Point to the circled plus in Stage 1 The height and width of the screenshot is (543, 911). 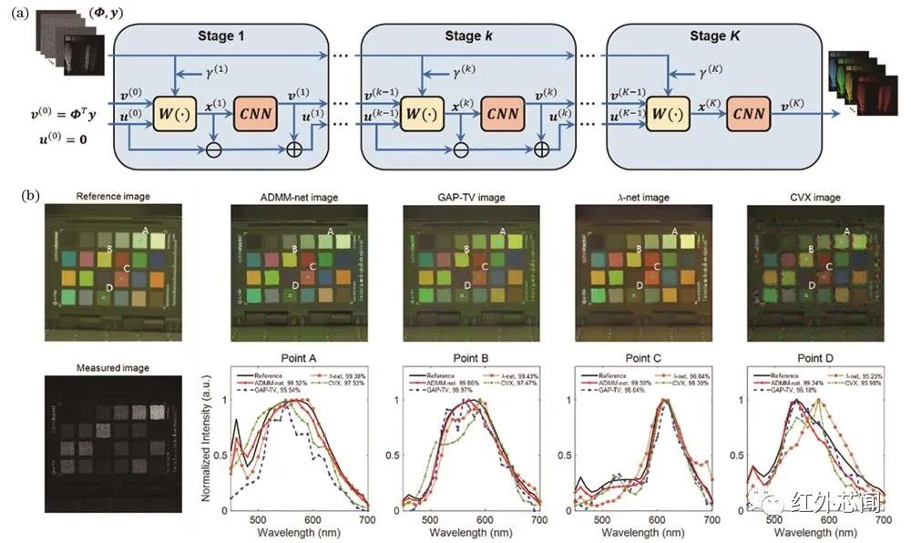[x=295, y=147]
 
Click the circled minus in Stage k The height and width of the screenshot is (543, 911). [x=459, y=147]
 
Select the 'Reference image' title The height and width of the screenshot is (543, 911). [x=113, y=195]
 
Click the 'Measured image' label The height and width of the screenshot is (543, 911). [x=113, y=367]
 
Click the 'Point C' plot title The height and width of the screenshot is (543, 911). [x=640, y=358]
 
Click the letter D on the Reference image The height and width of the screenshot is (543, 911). [x=108, y=287]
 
